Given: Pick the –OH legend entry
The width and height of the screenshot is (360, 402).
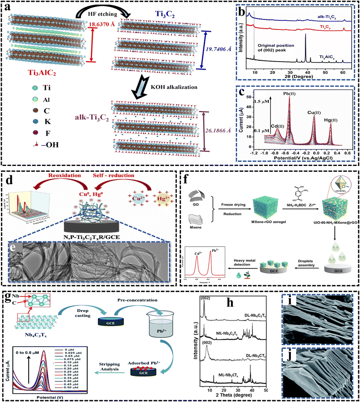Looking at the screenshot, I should [x=49, y=144].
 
